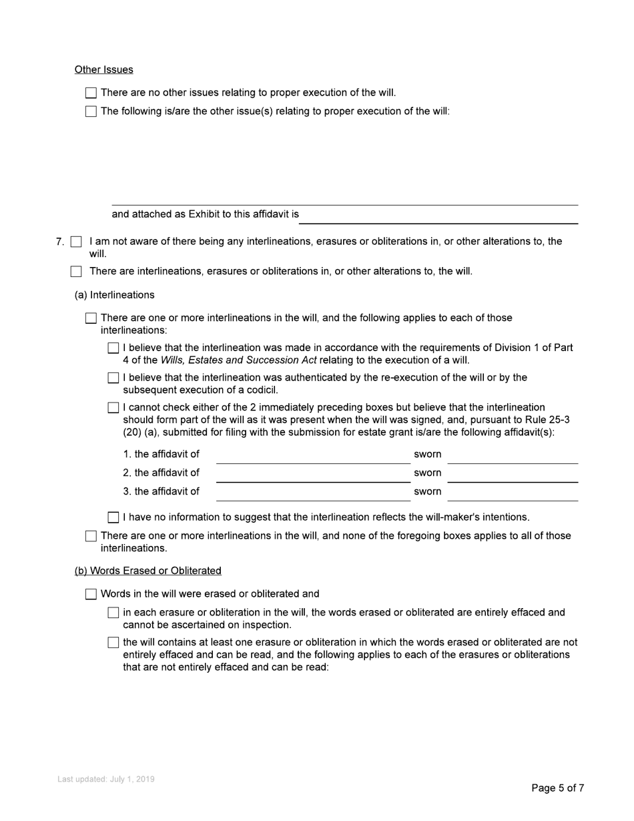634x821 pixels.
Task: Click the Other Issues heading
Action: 103,69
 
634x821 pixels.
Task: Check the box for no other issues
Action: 91,93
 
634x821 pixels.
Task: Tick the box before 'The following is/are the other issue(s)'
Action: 91,111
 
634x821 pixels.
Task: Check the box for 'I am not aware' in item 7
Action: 76,242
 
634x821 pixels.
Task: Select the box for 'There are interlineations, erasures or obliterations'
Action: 76,272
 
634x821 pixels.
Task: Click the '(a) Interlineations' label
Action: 114,295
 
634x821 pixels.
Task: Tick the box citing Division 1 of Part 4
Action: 113,348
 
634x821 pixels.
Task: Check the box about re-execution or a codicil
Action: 113,378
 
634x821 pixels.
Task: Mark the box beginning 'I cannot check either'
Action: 113,408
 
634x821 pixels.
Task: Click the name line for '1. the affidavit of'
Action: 312,456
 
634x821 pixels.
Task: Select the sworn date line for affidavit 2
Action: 512,475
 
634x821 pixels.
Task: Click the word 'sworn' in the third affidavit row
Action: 427,492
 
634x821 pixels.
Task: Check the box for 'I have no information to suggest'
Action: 113,517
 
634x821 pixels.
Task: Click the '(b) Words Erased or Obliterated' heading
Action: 147,571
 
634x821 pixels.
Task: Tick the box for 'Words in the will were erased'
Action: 91,594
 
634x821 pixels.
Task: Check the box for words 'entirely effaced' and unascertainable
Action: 113,613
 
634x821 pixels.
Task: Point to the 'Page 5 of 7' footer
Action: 557,788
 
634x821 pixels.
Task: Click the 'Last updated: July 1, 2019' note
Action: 105,779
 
